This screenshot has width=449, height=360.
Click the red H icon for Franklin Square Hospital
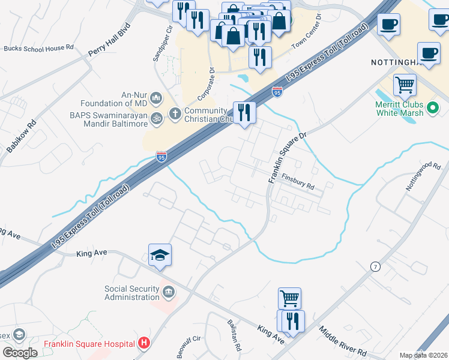click(x=144, y=343)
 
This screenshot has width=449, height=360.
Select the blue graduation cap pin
click(x=160, y=256)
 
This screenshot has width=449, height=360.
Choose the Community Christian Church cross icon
click(x=175, y=113)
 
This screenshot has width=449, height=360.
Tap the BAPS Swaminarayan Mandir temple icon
click(x=156, y=118)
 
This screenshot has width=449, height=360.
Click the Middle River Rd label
click(x=343, y=341)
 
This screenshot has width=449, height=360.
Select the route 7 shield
click(x=375, y=266)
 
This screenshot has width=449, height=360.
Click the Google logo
click(x=19, y=352)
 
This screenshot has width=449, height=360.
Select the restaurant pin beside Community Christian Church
click(x=244, y=112)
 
